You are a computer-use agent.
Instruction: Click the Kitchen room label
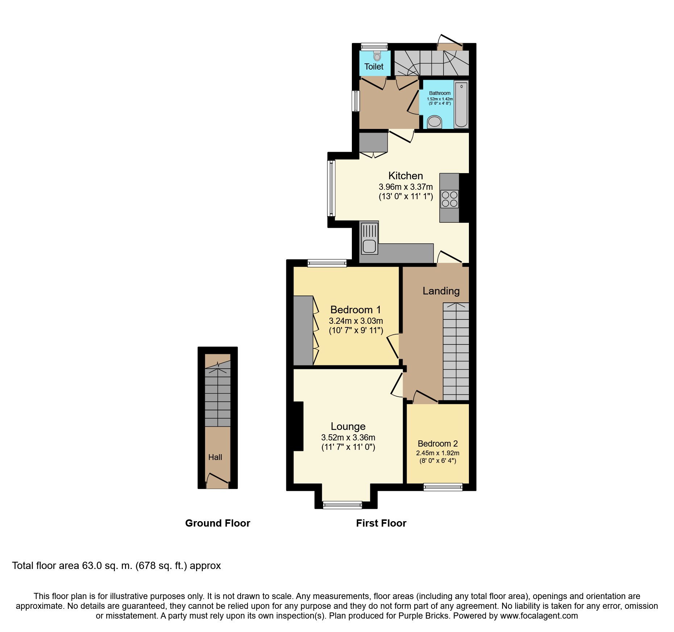pyautogui.click(x=405, y=176)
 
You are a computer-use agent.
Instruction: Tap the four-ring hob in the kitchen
pyautogui.click(x=449, y=199)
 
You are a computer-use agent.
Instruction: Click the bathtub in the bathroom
pyautogui.click(x=461, y=105)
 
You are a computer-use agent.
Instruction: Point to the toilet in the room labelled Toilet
pyautogui.click(x=377, y=56)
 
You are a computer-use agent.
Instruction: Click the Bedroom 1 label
pyautogui.click(x=355, y=310)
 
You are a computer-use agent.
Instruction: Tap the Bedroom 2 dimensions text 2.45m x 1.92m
pyautogui.click(x=437, y=453)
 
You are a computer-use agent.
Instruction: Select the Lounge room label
pyautogui.click(x=348, y=426)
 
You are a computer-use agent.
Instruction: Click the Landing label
pyautogui.click(x=441, y=291)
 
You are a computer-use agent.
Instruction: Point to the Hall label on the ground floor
pyautogui.click(x=215, y=457)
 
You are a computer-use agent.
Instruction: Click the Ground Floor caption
pyautogui.click(x=217, y=523)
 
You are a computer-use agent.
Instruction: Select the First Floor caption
pyautogui.click(x=381, y=523)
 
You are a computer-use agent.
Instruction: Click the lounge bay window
pyautogui.click(x=342, y=505)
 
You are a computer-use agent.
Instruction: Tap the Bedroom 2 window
pyautogui.click(x=443, y=487)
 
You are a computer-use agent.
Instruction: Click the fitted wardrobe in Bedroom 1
pyautogui.click(x=303, y=330)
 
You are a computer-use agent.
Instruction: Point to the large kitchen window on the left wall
pyautogui.click(x=331, y=188)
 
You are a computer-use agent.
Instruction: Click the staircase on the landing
pyautogui.click(x=456, y=351)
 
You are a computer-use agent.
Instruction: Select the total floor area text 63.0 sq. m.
pyautogui.click(x=116, y=565)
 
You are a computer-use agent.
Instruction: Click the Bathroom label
pyautogui.click(x=440, y=93)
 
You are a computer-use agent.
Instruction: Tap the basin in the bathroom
pyautogui.click(x=434, y=122)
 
